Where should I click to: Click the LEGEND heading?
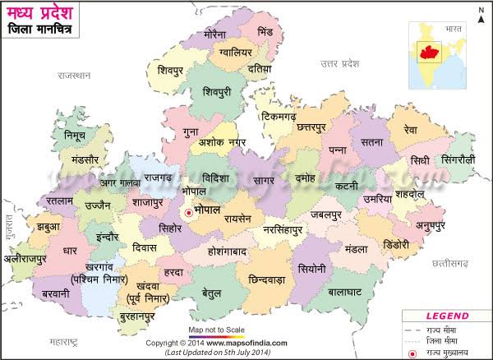[x=445, y=315]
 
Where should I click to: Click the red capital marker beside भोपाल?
[x=190, y=213]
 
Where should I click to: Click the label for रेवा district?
[x=410, y=130]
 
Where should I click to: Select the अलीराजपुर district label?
[x=33, y=256]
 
